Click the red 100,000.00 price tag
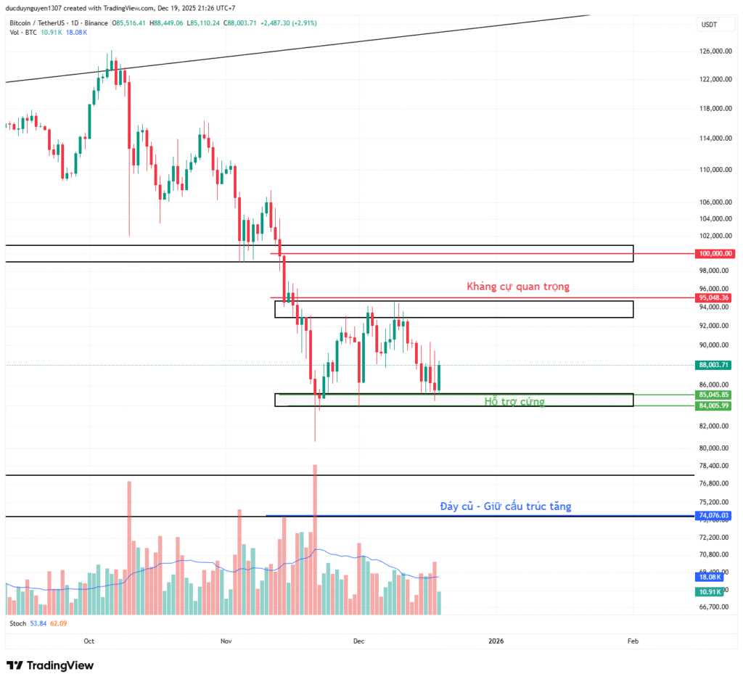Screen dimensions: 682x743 click(x=715, y=254)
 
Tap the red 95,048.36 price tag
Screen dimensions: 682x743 click(x=715, y=297)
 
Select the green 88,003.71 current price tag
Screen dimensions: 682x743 click(x=715, y=365)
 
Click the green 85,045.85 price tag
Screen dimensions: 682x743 click(x=715, y=395)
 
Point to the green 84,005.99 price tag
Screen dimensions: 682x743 click(x=715, y=406)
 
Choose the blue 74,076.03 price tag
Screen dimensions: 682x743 click(x=715, y=515)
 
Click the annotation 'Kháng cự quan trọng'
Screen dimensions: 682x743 click(x=517, y=287)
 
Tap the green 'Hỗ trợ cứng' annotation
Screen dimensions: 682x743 click(x=514, y=401)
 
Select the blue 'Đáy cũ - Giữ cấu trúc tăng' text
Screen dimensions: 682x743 click(x=505, y=506)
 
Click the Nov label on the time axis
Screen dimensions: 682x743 click(x=226, y=641)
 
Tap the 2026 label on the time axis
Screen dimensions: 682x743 click(x=496, y=641)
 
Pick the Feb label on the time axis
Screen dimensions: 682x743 click(x=633, y=641)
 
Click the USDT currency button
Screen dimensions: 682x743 click(x=709, y=25)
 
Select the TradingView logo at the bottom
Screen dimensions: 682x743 click(x=50, y=665)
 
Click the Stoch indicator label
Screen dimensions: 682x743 click(x=17, y=623)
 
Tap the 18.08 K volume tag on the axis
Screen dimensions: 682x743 click(x=710, y=577)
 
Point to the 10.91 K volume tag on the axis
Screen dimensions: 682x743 click(x=710, y=592)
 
